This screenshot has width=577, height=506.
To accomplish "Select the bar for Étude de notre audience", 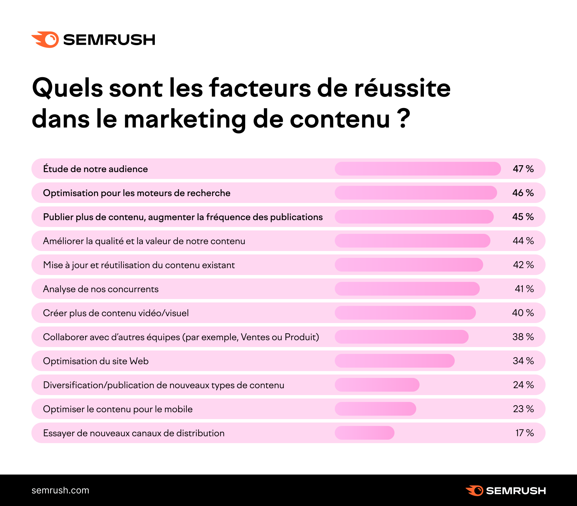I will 418,169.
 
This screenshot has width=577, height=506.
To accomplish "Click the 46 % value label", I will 523,193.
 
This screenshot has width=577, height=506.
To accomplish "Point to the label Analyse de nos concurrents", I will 101,289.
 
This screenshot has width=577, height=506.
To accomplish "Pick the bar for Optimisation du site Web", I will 394,361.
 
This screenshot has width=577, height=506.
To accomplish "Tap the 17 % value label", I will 524,433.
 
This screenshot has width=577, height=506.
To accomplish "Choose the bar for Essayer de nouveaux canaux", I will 364,433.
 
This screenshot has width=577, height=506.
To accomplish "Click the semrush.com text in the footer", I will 60,490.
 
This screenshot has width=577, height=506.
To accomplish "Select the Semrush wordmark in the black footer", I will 516,491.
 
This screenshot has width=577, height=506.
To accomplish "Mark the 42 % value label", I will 523,265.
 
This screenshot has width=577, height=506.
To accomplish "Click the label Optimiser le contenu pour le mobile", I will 118,409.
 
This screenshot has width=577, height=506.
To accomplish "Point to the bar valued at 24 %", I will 377,385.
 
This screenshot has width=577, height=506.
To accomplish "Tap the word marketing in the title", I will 185,119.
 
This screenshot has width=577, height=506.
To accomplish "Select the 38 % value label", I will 523,337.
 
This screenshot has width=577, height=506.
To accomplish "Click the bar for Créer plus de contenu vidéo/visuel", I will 405,313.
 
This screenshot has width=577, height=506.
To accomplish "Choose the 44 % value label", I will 523,241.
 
